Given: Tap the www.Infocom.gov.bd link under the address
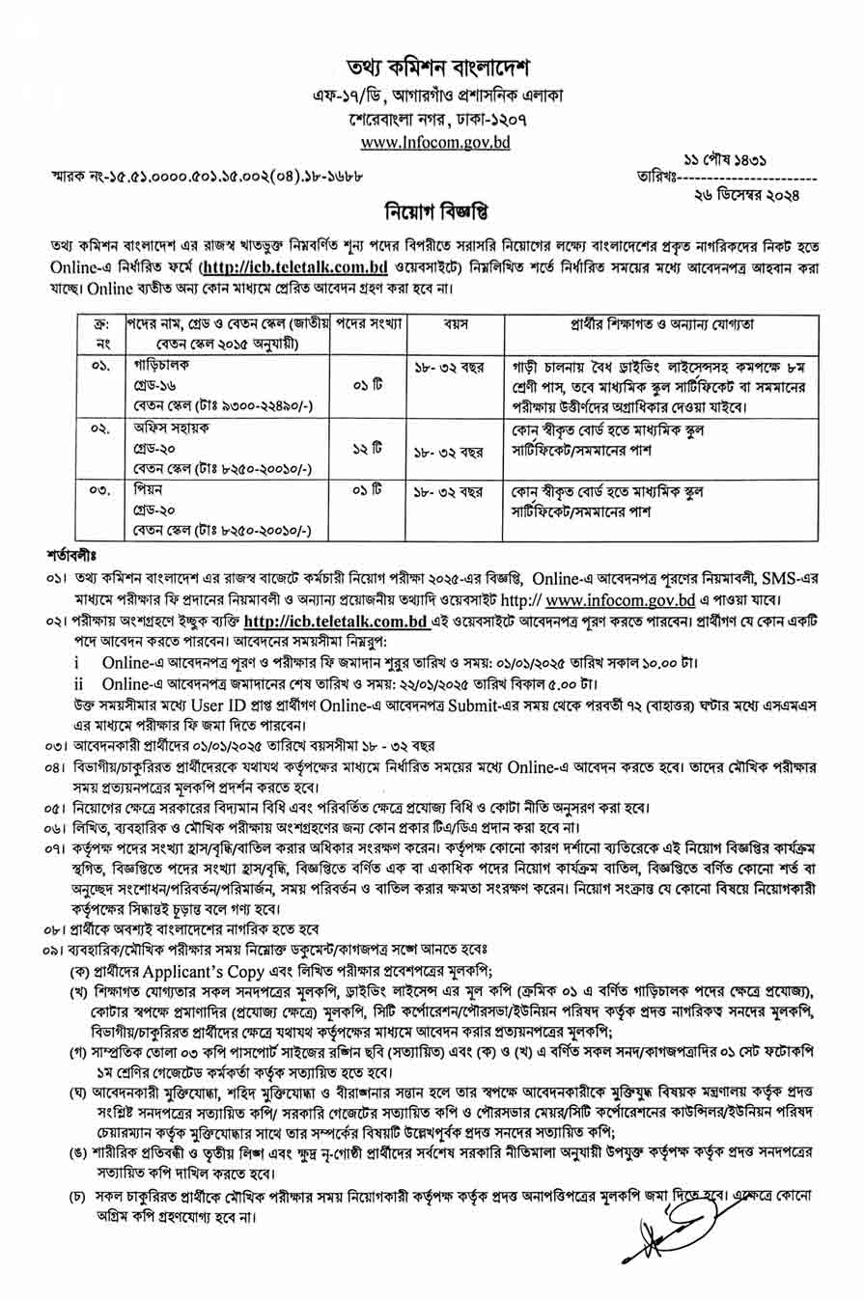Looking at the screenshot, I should pos(432,144).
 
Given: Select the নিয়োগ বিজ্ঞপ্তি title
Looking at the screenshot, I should pos(431,212).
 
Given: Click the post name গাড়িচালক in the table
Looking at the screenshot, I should pos(157,368).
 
